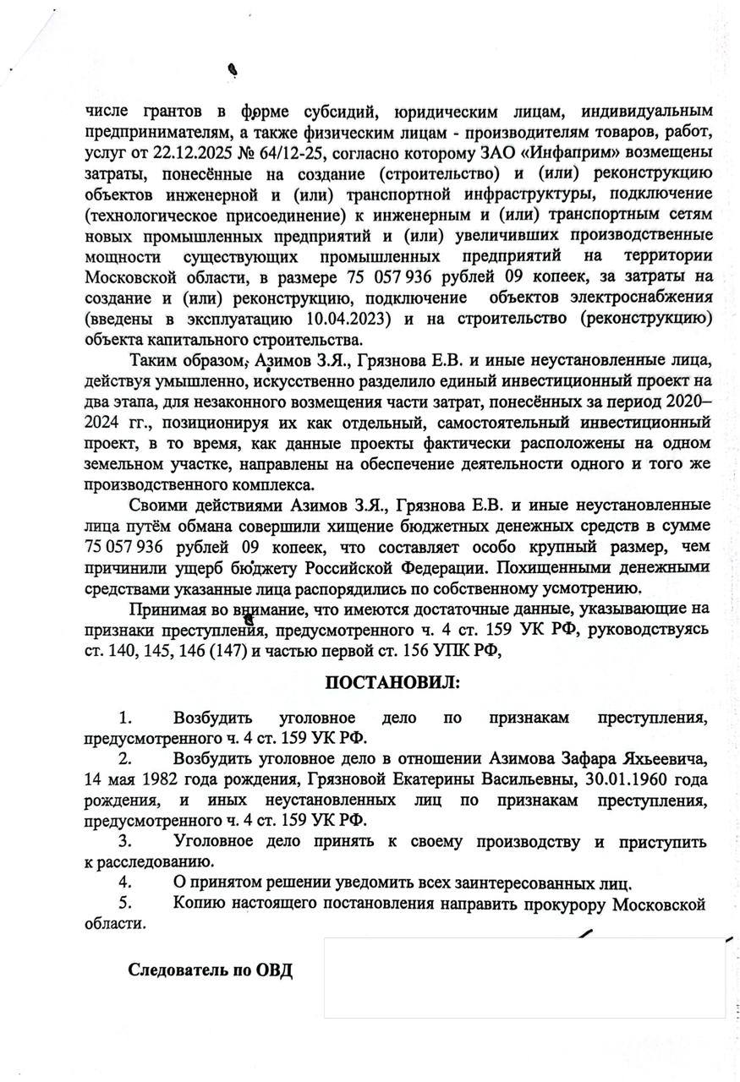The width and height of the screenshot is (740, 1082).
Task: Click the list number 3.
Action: click(x=125, y=842)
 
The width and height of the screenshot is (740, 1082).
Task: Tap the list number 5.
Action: click(x=125, y=904)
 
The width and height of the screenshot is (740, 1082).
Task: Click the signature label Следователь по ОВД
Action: click(x=211, y=969)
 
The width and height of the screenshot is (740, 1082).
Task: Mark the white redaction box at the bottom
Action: click(x=524, y=978)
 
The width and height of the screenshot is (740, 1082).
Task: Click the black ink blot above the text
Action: click(x=232, y=71)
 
